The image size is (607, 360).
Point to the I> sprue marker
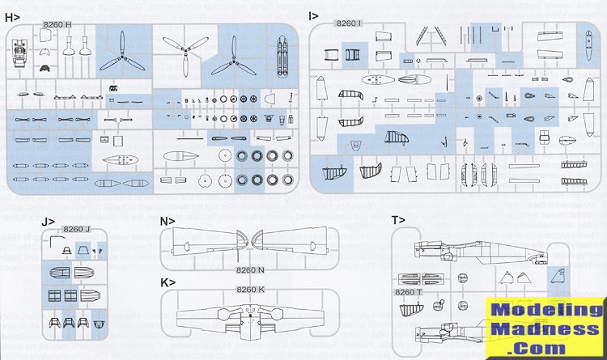(316, 15)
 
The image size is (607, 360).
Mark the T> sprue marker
(398, 220)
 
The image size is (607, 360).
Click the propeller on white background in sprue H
(181, 56)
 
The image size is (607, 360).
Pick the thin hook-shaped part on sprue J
(55, 241)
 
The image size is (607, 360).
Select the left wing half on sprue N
(202, 242)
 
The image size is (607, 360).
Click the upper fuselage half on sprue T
(478, 250)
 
